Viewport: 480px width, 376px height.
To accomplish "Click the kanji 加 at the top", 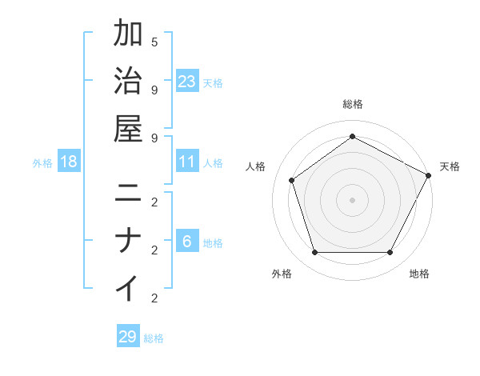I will click(129, 34).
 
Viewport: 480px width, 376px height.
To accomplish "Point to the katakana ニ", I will click(129, 193).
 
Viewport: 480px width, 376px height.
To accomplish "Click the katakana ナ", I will click(129, 241).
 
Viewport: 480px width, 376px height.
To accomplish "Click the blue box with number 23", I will click(187, 82).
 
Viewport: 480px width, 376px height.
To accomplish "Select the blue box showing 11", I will click(187, 162).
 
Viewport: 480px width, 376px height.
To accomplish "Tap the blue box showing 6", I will click(187, 242).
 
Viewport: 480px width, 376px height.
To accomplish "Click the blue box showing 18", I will click(69, 162).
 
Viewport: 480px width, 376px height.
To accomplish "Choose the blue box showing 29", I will click(128, 337).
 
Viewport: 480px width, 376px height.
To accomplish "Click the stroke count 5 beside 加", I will click(154, 42).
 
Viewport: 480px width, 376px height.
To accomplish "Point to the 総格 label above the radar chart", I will click(352, 105).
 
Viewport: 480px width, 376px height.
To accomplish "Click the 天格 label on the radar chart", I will click(450, 166).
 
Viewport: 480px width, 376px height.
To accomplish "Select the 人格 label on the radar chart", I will click(255, 166).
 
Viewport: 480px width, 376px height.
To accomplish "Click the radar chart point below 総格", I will click(352, 136).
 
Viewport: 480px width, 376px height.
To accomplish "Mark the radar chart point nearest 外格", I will click(314, 253).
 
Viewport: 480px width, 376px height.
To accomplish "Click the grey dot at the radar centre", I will click(352, 199).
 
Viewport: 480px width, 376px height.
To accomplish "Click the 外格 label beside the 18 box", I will click(42, 163).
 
